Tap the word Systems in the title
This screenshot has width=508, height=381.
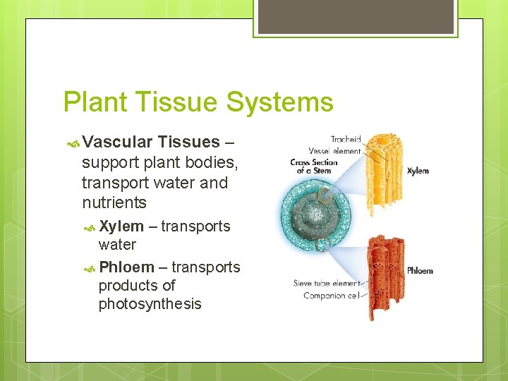279,102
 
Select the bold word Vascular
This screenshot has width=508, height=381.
118,143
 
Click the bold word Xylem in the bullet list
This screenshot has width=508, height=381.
121,226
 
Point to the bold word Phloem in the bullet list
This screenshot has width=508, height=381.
126,267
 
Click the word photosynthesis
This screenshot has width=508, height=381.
150,304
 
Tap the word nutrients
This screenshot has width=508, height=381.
114,203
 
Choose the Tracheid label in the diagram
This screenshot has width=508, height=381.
346,139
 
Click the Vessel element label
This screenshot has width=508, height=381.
334,150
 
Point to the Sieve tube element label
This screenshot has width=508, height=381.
326,284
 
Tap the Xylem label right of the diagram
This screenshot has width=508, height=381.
418,171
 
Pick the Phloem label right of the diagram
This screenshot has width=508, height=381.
420,271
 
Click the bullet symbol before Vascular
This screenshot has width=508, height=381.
72,143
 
